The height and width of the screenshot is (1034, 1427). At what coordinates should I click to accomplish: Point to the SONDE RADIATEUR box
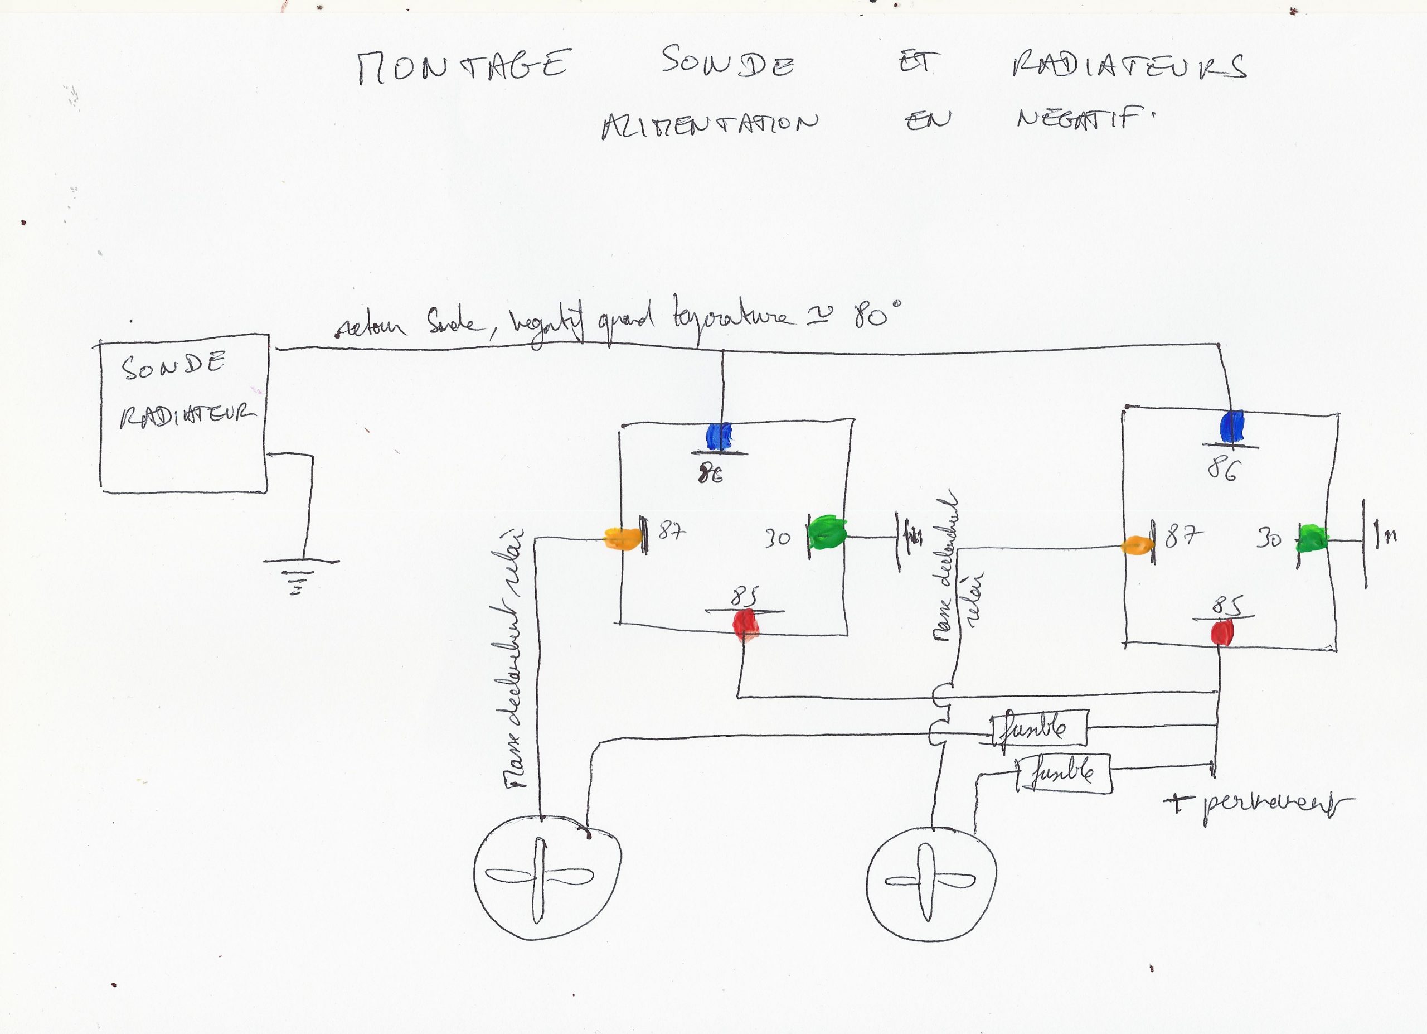[x=185, y=413]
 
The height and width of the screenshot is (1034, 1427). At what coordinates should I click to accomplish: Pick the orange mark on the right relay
[x=1137, y=544]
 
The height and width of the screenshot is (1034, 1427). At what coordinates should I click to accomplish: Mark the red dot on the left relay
[x=746, y=623]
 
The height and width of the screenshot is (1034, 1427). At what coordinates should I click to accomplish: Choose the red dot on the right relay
[x=1222, y=632]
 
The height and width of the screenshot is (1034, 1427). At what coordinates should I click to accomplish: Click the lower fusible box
[x=1064, y=774]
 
